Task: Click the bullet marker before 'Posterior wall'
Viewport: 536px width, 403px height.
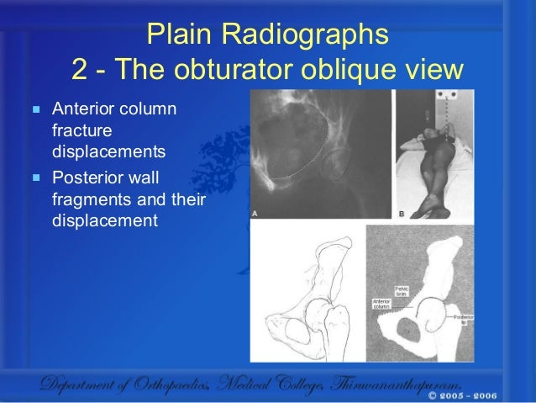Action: click(x=35, y=178)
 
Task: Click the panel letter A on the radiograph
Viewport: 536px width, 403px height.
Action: click(x=255, y=215)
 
